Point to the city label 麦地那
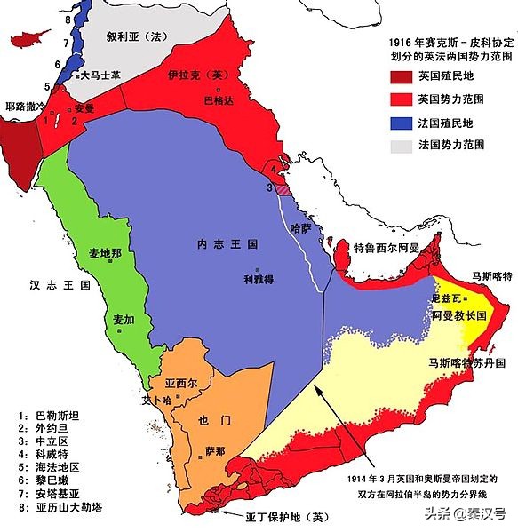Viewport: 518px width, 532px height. [106, 252]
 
